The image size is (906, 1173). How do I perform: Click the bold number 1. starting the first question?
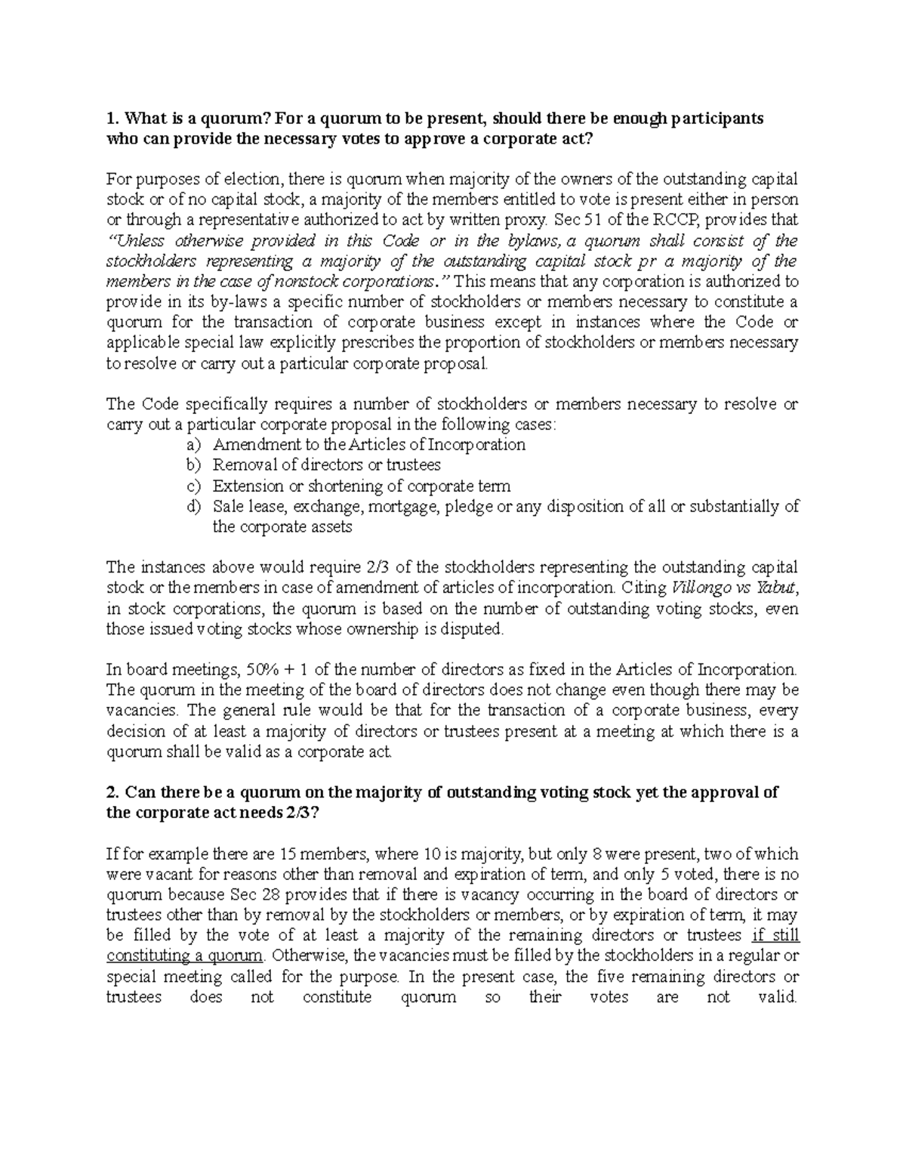112,118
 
